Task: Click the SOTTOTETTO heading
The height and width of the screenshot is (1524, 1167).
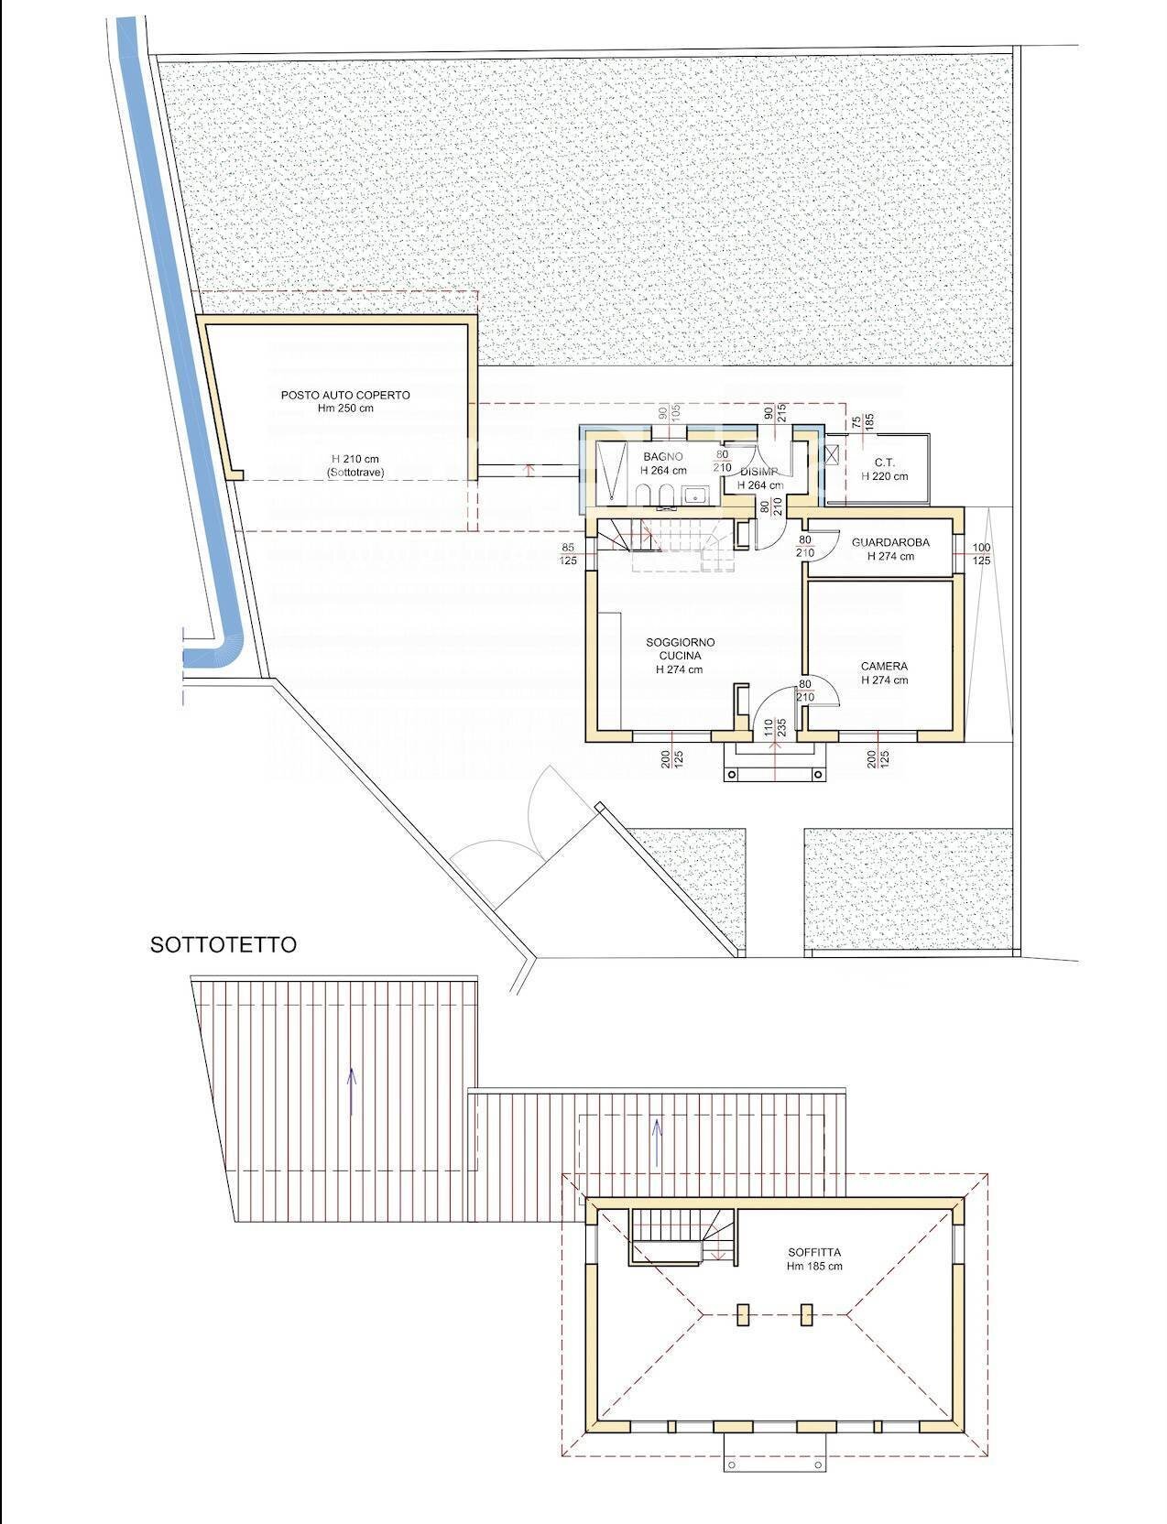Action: click(224, 945)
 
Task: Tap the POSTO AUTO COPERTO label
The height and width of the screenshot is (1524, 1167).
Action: click(345, 395)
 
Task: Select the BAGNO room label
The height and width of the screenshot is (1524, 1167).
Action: click(663, 456)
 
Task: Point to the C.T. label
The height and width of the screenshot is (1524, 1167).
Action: click(884, 463)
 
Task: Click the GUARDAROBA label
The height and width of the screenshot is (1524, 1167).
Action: click(890, 542)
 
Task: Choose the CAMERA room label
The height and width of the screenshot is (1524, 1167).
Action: click(884, 667)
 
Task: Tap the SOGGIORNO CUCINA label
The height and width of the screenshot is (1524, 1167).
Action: click(679, 649)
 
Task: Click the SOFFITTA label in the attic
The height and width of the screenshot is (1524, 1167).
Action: click(814, 1252)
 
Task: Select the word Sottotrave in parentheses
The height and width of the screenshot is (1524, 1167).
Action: click(346, 473)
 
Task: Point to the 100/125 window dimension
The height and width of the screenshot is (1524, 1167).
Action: click(982, 553)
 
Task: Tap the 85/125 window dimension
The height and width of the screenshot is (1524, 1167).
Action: click(569, 554)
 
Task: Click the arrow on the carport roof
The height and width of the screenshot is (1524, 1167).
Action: click(352, 1091)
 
